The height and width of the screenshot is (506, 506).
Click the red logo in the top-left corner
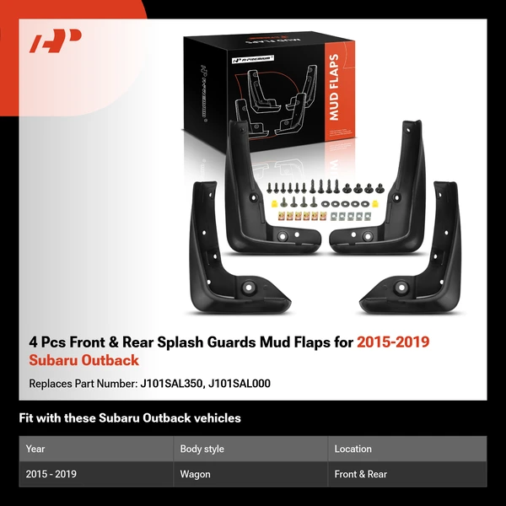[x=55, y=41]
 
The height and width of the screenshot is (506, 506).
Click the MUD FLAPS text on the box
[x=333, y=87]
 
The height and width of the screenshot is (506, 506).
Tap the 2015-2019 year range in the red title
[x=393, y=342]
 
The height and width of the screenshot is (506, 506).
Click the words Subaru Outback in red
[x=83, y=360]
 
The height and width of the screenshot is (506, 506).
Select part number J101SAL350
[x=171, y=384]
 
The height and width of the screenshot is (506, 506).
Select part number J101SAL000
[x=240, y=384]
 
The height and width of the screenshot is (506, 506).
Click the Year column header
[x=35, y=449]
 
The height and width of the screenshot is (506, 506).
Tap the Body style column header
[x=202, y=449]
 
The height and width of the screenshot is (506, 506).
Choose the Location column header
[x=353, y=449]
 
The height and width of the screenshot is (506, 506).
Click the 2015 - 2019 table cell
[x=51, y=474]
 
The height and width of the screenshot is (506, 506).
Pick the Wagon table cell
[x=196, y=474]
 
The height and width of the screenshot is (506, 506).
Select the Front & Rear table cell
[x=360, y=474]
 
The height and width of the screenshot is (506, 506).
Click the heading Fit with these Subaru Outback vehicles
[x=130, y=418]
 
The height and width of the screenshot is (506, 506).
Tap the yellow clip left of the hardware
[x=274, y=203]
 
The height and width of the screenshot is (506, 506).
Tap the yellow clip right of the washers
[x=375, y=203]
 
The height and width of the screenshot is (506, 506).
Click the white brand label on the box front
[x=253, y=59]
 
